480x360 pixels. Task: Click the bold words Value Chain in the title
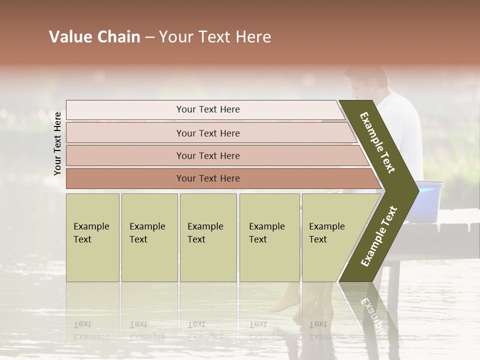coord(94,37)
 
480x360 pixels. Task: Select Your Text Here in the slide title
coord(215,37)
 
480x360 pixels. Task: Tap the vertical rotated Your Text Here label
coord(57,143)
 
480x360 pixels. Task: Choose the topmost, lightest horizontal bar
coord(207,109)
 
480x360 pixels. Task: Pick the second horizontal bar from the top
coord(207,133)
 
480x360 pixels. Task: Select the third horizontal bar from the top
coord(207,155)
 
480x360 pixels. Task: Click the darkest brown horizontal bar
coord(207,178)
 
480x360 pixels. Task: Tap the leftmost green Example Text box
coord(92,237)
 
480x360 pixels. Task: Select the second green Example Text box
coord(149,237)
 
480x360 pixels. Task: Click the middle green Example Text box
coord(208,237)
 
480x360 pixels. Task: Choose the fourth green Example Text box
coord(269,237)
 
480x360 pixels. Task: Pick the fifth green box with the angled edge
coord(330,237)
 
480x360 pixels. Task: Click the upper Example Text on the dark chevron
coord(377,142)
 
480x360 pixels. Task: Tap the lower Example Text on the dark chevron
coord(378,236)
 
